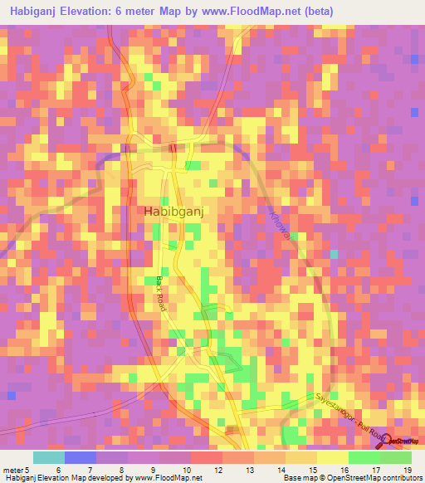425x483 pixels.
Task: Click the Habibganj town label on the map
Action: click(174, 212)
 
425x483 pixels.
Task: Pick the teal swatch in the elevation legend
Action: click(48, 457)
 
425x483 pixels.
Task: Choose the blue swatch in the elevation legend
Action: click(80, 457)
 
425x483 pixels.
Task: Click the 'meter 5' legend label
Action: click(16, 470)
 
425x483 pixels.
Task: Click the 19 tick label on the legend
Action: click(407, 470)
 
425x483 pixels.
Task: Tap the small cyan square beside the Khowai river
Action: click(335, 254)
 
